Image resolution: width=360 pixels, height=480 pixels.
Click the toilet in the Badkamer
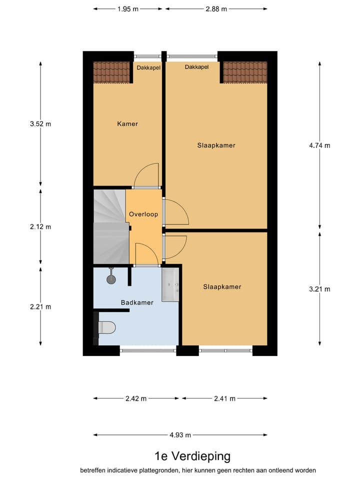pyautogui.click(x=106, y=327)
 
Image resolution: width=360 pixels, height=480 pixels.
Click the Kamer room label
pyautogui.click(x=127, y=123)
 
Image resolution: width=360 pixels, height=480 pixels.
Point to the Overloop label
pyautogui.click(x=143, y=214)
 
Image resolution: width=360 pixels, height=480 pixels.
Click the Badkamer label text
pyautogui.click(x=137, y=302)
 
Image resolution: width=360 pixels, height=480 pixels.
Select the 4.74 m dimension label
pyautogui.click(x=320, y=145)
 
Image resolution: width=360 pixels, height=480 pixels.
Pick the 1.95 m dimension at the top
pyautogui.click(x=128, y=9)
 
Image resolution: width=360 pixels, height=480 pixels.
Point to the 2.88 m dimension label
pyautogui.click(x=216, y=9)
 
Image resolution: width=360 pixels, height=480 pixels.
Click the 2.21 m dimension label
pyautogui.click(x=40, y=306)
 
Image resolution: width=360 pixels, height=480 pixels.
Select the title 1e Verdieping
pyautogui.click(x=192, y=455)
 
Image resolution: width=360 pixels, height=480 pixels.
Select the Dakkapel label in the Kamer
pyautogui.click(x=148, y=67)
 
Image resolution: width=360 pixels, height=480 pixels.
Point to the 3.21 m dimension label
pyautogui.click(x=320, y=288)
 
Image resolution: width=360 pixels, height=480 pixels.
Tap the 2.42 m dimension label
pyautogui.click(x=136, y=398)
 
